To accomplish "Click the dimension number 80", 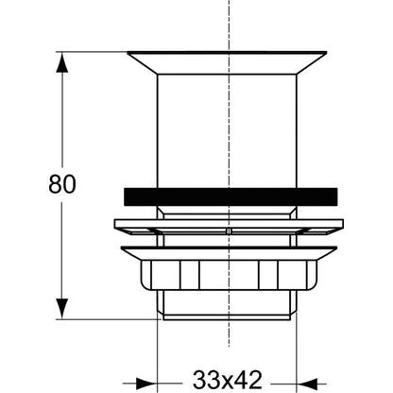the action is click(62, 184).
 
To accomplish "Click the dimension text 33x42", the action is click(227, 380).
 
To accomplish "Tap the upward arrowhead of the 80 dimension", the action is click(62, 62).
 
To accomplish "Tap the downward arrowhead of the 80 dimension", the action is click(62, 309).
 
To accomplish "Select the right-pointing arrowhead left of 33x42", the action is click(146, 384).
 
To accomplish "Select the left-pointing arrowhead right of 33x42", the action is click(307, 384).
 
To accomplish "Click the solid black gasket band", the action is click(231, 196).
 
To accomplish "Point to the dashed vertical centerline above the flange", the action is click(230, 26).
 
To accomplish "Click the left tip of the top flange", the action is click(128, 53).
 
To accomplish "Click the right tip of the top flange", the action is click(327, 53).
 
